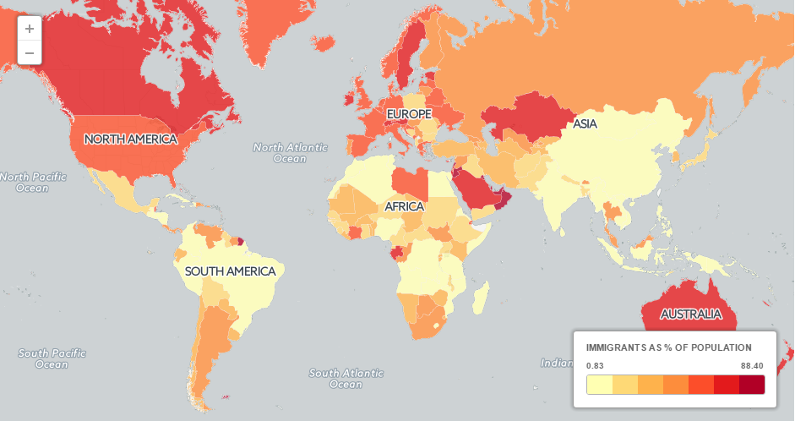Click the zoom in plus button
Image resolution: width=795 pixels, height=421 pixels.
tap(30, 28)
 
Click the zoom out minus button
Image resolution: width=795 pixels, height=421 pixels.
tap(30, 52)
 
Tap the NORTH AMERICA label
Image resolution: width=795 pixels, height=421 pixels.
tap(130, 139)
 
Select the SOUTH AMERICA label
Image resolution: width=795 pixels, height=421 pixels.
tap(230, 271)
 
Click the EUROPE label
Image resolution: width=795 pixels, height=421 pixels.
tap(409, 113)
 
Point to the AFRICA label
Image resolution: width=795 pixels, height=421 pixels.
tap(404, 206)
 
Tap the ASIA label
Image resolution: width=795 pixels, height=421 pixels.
tap(585, 124)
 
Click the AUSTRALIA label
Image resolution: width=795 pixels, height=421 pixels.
tap(691, 314)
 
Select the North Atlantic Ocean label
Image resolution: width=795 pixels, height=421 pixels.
tap(290, 153)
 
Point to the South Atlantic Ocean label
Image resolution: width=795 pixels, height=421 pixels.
tap(346, 379)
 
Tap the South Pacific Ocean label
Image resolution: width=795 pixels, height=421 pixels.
tap(52, 358)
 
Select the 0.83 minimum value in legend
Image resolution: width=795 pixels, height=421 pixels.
tap(595, 365)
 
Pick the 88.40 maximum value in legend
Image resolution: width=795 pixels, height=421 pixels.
tap(752, 365)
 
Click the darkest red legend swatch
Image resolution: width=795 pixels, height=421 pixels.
tap(752, 385)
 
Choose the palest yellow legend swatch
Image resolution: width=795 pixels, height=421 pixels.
tap(599, 385)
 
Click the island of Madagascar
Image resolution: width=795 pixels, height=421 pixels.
tap(479, 297)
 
